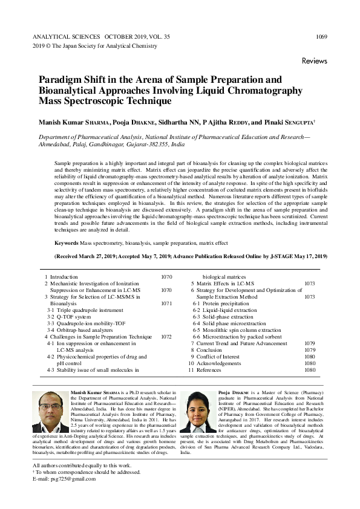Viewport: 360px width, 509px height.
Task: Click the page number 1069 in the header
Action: coord(321,37)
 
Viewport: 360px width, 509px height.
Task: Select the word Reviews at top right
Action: coord(314,61)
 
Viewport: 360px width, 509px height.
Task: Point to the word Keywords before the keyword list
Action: coord(67,242)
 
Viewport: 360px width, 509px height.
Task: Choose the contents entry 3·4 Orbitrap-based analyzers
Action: coord(80,330)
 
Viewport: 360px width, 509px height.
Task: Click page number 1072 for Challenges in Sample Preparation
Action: coord(167,337)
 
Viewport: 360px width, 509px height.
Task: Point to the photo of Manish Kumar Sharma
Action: coord(50,411)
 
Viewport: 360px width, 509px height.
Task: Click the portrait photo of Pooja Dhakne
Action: coord(198,411)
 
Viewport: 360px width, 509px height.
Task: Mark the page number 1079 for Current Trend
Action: coord(310,343)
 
